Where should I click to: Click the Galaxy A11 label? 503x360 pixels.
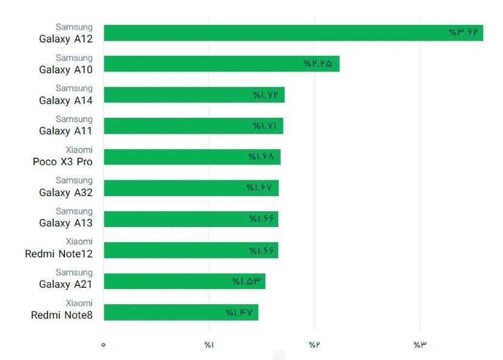coord(66,131)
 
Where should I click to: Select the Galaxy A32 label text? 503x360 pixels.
coord(66,192)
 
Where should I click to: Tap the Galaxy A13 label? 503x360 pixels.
coord(66,223)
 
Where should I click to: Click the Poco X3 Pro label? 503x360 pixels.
coord(63,161)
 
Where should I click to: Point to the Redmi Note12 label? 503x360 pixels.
coord(59,253)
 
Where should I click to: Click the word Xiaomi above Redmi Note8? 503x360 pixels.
coord(79,303)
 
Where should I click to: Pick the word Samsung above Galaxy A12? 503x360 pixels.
coord(74,27)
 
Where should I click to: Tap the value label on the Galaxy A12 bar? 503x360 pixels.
coord(464,33)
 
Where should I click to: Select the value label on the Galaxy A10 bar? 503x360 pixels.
coord(318,64)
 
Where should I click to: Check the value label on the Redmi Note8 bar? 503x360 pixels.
coord(239,313)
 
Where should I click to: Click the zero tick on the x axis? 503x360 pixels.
coord(103,345)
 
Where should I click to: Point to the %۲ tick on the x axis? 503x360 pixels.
coord(313,345)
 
